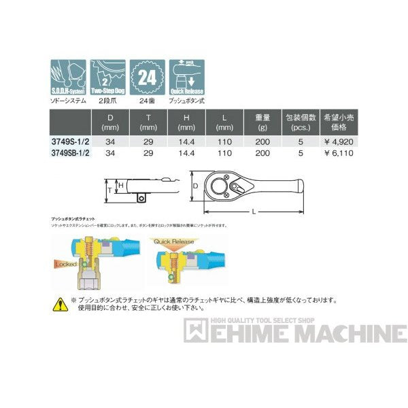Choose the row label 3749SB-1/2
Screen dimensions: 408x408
(x=71, y=154)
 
